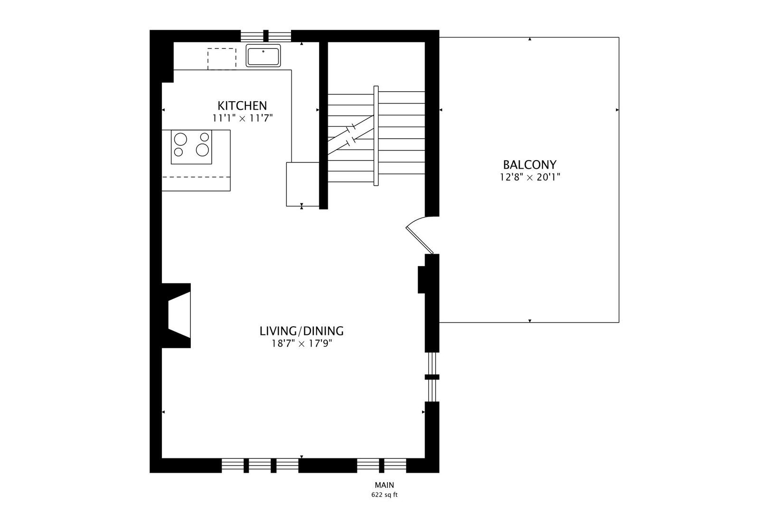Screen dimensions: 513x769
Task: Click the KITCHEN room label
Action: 242,105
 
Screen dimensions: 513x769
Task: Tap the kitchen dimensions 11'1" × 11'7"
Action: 242,118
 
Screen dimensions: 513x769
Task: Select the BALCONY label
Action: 529,165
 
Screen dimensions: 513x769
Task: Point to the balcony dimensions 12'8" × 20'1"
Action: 529,178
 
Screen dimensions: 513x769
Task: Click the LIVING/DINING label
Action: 301,331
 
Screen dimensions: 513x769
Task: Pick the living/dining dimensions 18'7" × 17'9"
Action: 301,343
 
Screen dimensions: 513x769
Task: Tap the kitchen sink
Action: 263,56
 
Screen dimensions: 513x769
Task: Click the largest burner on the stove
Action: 203,150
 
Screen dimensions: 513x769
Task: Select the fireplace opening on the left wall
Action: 180,315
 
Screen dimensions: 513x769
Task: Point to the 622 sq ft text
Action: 384,495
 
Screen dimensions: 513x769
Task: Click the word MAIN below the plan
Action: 384,485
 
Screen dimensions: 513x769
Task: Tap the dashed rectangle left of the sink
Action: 222,59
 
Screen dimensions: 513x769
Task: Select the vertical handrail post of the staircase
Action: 376,136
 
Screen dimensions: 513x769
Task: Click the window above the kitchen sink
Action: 265,36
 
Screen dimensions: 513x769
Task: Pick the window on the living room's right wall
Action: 431,377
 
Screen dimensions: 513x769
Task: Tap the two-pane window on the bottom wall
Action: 382,465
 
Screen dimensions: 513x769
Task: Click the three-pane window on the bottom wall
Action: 260,465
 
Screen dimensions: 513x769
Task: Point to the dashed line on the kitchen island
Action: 196,177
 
